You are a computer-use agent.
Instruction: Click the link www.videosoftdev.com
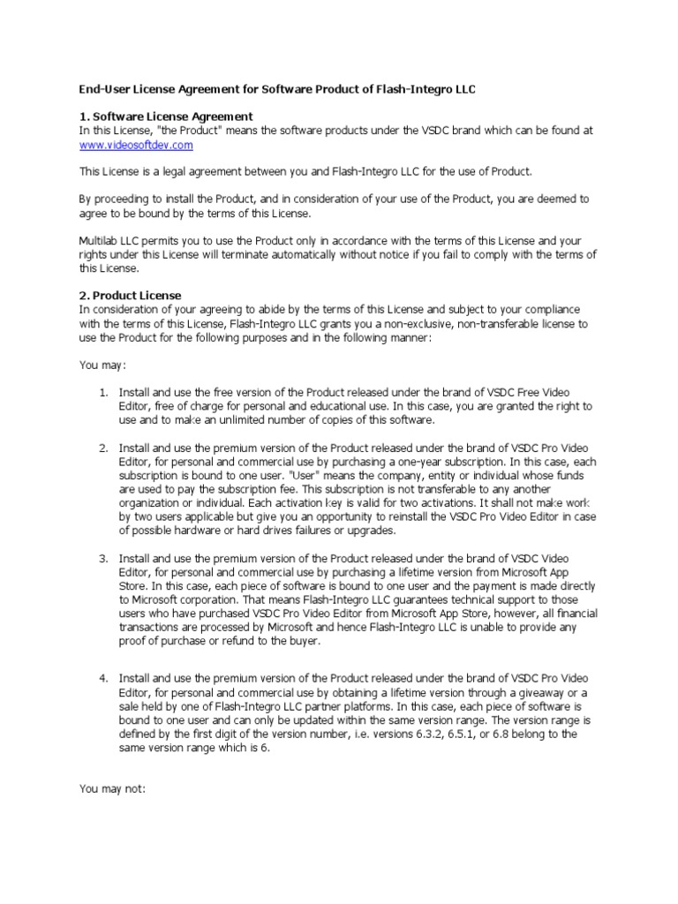click(x=136, y=144)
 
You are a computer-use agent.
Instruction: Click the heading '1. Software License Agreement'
click(x=166, y=117)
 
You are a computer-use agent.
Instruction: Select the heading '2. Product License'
click(x=131, y=295)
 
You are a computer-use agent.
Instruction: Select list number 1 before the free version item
click(x=102, y=392)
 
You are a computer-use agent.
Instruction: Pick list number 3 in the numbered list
click(x=102, y=559)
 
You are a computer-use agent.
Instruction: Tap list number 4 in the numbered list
click(x=102, y=677)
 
